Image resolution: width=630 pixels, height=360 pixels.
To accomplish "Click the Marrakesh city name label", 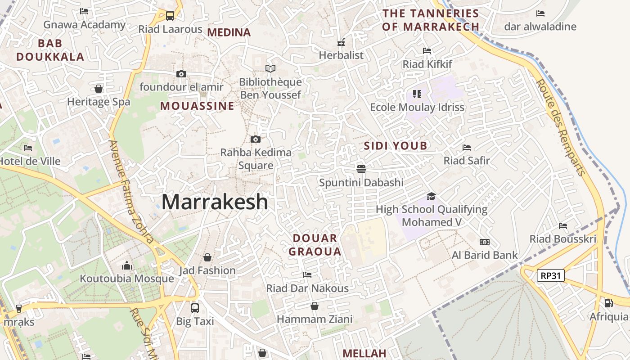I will [215, 202].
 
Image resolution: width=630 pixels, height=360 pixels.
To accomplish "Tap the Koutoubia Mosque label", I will [126, 279].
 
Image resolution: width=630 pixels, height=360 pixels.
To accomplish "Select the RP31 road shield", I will [551, 275].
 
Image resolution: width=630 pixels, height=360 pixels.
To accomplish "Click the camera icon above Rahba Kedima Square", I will [255, 139].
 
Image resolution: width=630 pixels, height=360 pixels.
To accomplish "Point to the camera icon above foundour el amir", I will [181, 74].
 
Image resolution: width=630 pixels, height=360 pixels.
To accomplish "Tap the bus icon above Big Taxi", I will [195, 308].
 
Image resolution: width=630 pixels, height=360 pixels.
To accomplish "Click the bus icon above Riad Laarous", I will [170, 16].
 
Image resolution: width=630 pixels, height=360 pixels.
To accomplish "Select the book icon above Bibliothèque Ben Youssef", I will [270, 69].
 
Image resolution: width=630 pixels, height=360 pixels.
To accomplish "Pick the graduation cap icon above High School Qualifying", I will [431, 196].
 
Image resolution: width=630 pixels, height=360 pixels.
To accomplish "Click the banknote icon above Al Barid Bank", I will [485, 242].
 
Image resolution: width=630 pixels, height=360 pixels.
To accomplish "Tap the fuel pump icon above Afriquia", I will [608, 303].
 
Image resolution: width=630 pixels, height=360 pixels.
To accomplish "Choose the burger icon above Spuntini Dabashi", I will [361, 169].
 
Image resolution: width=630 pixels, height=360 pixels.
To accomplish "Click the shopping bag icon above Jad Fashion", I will [207, 257].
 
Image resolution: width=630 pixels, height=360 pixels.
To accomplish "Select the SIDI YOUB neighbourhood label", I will [396, 146].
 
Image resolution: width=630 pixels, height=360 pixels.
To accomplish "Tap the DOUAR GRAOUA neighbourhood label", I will [315, 245].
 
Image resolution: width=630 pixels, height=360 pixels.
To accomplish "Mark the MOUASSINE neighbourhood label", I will [197, 106].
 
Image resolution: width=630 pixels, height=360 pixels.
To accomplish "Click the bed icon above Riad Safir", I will [467, 148].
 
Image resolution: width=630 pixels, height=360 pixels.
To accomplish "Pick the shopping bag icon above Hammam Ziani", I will [315, 306].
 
